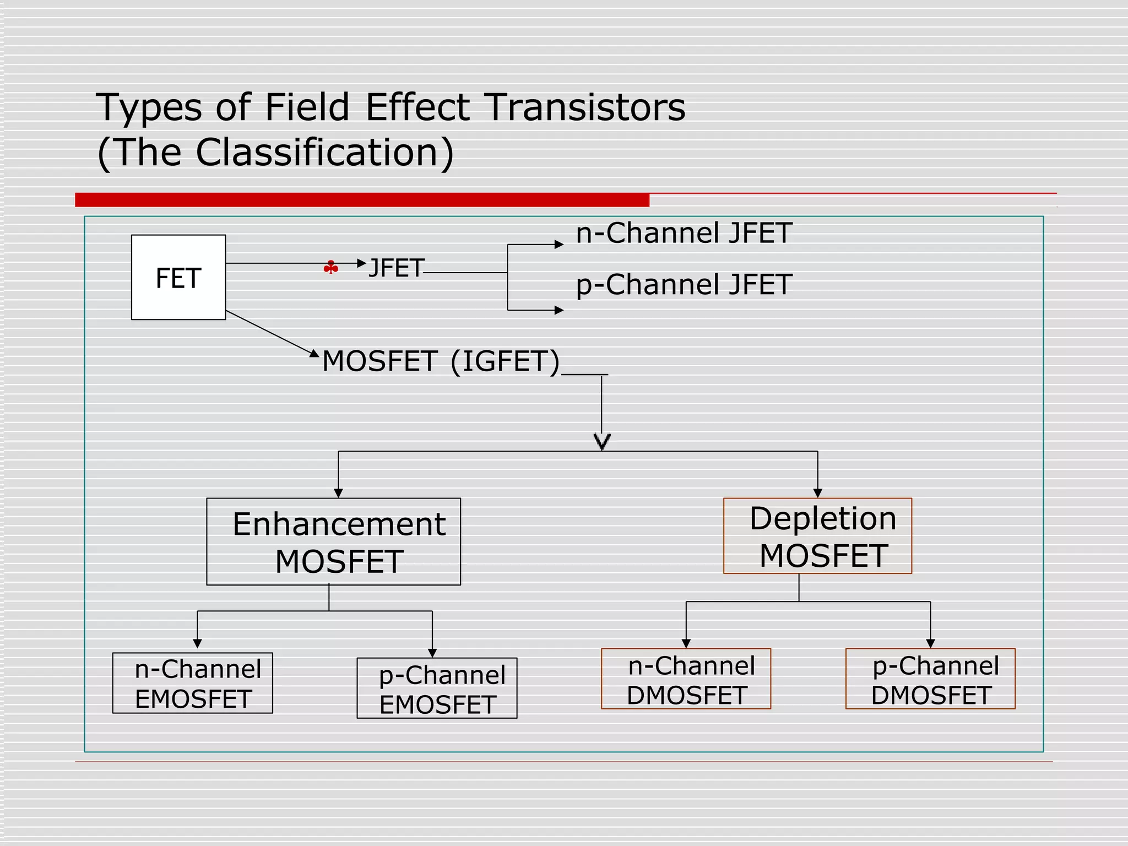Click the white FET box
[x=178, y=277]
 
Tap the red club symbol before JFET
[x=330, y=268]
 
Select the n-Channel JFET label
[x=684, y=233]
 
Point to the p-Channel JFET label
[x=684, y=285]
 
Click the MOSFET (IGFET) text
[x=441, y=361]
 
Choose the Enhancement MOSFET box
[x=333, y=541]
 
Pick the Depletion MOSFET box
[x=817, y=536]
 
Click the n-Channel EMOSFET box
[x=192, y=683]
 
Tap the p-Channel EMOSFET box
[x=437, y=688]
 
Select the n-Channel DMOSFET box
[x=686, y=679]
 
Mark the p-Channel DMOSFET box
[x=930, y=679]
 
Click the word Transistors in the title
[x=584, y=107]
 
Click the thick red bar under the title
[x=362, y=199]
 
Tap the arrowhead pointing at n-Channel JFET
[x=559, y=245]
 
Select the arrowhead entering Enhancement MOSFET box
[x=338, y=493]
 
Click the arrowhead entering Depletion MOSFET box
[x=817, y=493]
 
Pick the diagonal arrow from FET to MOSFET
[x=270, y=333]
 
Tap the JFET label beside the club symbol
[x=396, y=268]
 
